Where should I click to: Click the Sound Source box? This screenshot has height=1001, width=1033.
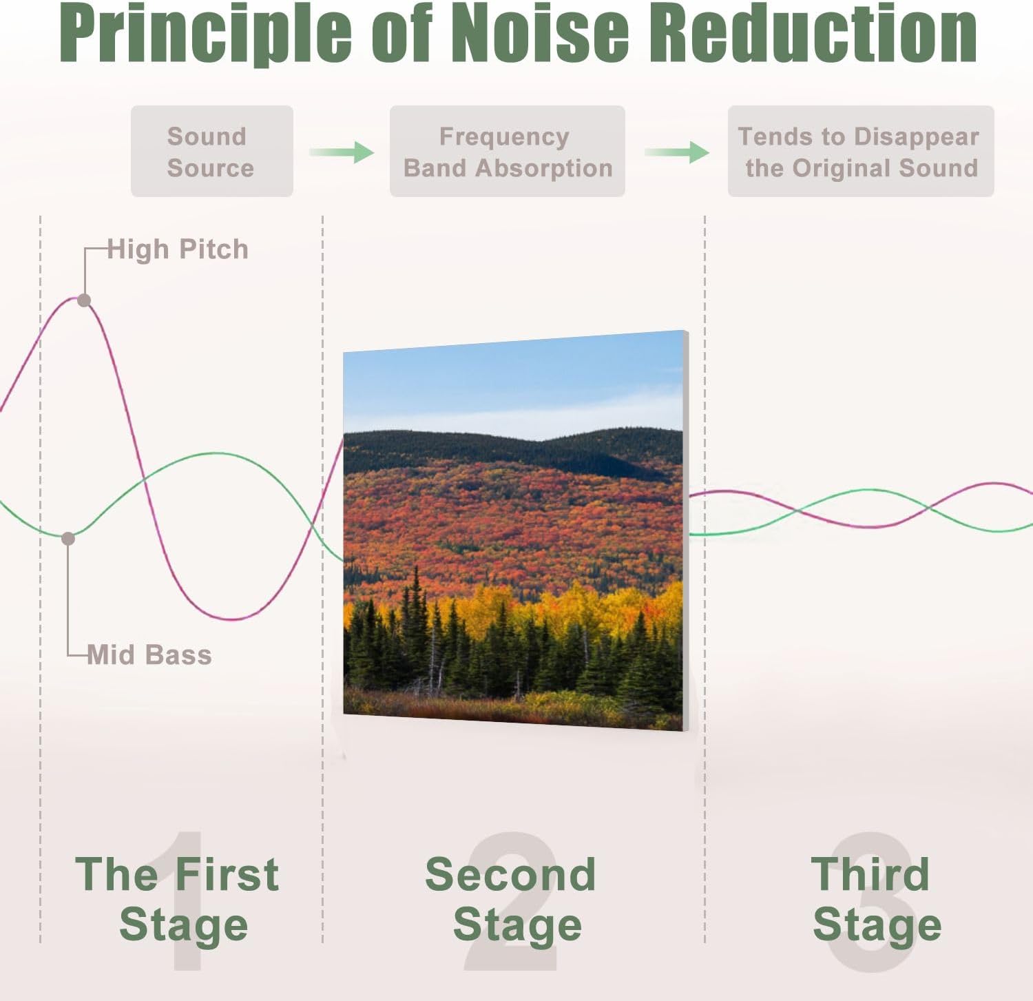(x=211, y=152)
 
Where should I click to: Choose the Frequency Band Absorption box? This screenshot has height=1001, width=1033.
(x=507, y=152)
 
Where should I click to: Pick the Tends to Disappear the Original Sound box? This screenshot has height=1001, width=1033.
(x=860, y=152)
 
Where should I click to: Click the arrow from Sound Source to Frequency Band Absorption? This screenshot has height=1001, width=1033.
(x=342, y=152)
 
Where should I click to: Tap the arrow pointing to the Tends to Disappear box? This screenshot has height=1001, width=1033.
(x=677, y=152)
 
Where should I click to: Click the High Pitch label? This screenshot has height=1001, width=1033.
(x=178, y=249)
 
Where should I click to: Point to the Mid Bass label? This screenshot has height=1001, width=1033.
(x=149, y=655)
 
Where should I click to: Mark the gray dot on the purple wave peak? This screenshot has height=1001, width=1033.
(x=84, y=300)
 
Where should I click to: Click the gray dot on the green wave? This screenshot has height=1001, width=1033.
(x=68, y=539)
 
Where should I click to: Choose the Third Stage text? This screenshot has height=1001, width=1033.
(x=875, y=899)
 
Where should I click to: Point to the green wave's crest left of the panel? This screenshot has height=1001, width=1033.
(x=217, y=454)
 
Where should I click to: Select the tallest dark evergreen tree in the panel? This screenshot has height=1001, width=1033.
(x=415, y=620)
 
